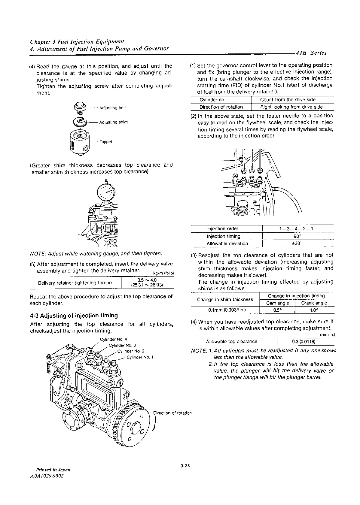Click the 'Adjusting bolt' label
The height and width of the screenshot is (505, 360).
tap(110, 108)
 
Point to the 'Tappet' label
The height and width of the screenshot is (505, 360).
tap(106, 142)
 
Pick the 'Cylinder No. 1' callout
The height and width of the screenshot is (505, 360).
tap(140, 358)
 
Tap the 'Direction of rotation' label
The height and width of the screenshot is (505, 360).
tap(172, 413)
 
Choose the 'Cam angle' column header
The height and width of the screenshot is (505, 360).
tap(277, 303)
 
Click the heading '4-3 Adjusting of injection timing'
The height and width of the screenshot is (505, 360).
tap(74, 316)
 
